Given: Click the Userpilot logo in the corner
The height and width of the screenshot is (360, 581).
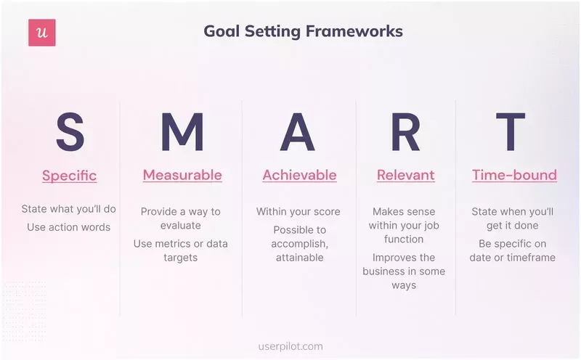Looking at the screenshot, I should (42, 33).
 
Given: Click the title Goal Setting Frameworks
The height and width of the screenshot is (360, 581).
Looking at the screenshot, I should (303, 31).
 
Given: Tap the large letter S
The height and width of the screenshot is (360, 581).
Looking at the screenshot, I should (70, 133).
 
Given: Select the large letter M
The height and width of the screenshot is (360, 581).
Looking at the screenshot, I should (182, 133).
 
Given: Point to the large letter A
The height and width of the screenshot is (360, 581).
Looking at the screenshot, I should (298, 133).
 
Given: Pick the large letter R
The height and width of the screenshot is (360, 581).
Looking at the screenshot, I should (405, 133).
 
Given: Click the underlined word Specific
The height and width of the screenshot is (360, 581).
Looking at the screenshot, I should (70, 176).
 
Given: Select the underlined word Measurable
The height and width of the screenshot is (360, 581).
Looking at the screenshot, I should (182, 175).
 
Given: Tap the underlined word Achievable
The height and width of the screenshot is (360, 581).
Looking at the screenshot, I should (299, 175).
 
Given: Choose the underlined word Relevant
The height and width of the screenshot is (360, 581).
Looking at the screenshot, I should (405, 175).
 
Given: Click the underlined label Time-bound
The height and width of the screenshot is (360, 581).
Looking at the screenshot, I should (514, 175).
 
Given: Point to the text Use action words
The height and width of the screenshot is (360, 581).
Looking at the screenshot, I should (69, 227).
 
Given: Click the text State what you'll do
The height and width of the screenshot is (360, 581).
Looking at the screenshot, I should (69, 209).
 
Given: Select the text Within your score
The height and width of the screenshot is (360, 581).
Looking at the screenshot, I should (298, 212).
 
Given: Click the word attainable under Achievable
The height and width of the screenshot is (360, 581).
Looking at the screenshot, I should (298, 258).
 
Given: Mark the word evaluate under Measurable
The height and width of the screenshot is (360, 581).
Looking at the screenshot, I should (180, 226).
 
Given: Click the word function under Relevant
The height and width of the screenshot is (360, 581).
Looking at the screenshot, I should (404, 240).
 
